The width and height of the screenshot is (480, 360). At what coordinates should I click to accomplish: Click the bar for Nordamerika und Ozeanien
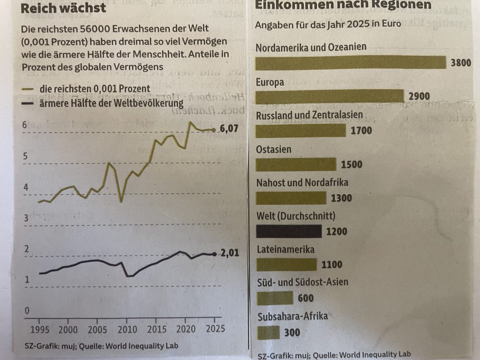[x=350, y=62]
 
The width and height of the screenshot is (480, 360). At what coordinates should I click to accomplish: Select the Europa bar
[x=330, y=96]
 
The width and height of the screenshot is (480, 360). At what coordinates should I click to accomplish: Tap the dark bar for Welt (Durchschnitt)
[x=289, y=231]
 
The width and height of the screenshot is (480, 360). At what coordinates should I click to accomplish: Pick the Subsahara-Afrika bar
[x=269, y=332]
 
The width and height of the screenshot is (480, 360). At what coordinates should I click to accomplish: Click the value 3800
[x=460, y=64]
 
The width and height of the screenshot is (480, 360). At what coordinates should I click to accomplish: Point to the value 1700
[x=361, y=130]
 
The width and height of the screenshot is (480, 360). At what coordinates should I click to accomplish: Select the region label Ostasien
[x=274, y=150]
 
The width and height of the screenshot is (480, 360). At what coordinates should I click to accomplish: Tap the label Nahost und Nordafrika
[x=302, y=182]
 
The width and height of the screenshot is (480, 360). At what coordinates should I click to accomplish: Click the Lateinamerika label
[x=285, y=249]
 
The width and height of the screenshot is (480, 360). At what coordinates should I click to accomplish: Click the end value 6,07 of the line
[x=229, y=130]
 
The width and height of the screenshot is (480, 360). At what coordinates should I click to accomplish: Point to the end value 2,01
[x=230, y=254]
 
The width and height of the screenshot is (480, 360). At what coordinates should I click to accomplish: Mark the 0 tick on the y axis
[x=27, y=310]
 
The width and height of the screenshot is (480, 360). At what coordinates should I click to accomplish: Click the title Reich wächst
[x=64, y=8]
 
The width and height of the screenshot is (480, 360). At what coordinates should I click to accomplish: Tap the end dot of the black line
[x=215, y=254]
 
